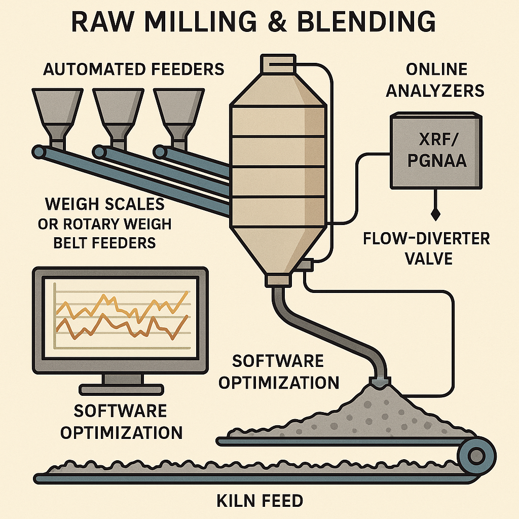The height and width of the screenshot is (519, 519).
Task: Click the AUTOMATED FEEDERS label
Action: coord(133,69)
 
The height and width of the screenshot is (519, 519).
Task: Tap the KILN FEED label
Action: coord(259,501)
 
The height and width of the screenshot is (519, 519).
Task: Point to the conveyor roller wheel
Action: coord(476,456)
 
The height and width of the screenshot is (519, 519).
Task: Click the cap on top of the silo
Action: coord(277,63)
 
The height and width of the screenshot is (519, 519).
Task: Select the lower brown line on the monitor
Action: coord(122,327)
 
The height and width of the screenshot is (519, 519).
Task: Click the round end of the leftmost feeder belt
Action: coord(39,151)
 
